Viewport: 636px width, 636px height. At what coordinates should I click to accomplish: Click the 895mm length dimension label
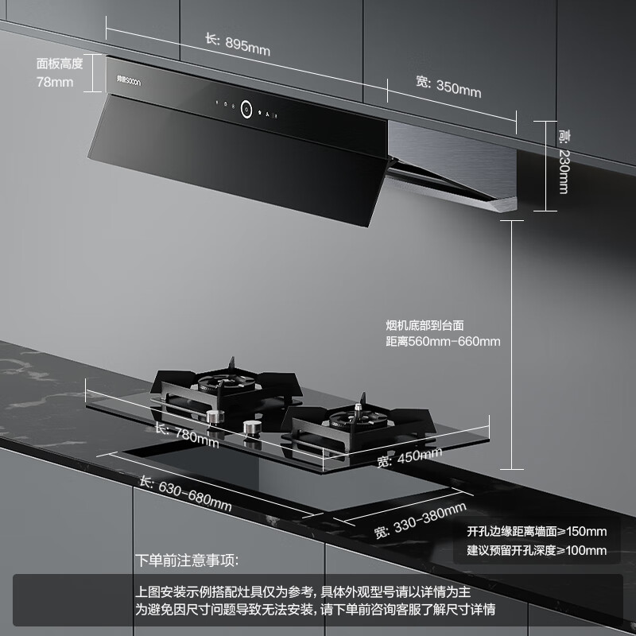point(238,44)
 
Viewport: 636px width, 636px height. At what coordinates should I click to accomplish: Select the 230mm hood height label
point(562,162)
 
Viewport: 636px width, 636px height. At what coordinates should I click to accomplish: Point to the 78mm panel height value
point(55,82)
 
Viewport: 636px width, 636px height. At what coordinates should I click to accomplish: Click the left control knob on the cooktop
point(212,417)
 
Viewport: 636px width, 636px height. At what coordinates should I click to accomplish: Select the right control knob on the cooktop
point(252,429)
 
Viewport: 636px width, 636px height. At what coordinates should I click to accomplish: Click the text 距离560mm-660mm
point(442,342)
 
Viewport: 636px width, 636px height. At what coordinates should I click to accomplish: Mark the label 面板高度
point(60,63)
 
